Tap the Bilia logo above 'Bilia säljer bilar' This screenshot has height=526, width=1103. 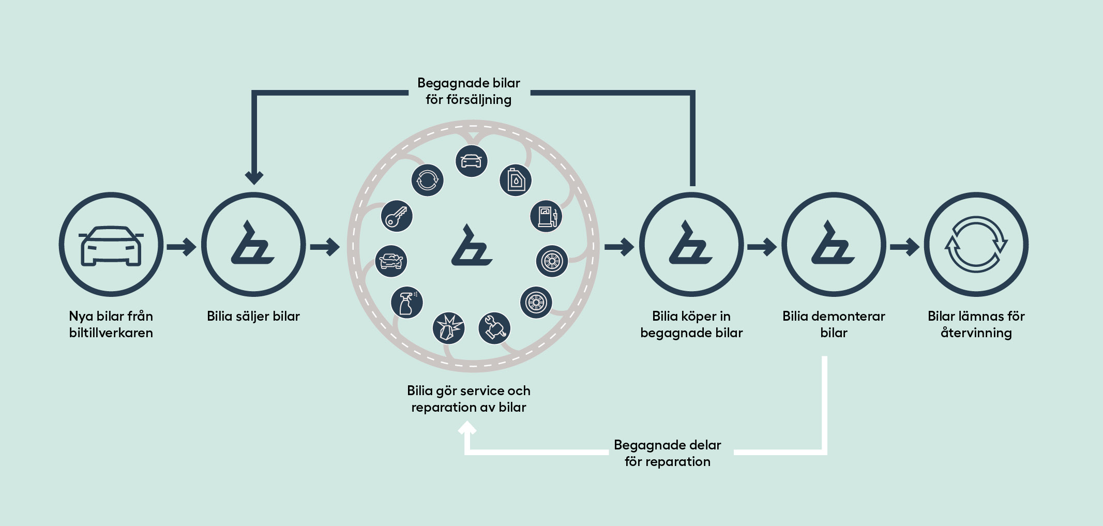[253, 244]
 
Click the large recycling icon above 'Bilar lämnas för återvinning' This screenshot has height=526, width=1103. [976, 244]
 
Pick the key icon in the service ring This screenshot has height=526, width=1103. [397, 216]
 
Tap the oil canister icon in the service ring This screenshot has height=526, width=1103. [516, 180]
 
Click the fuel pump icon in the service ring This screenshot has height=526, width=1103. [547, 216]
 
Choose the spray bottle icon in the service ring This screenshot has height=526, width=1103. [407, 303]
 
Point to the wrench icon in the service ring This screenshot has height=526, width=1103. [494, 328]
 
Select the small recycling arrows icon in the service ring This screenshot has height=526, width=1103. [427, 180]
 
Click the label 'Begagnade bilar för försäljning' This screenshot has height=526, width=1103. [469, 91]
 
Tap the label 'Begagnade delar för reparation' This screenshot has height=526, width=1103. [667, 453]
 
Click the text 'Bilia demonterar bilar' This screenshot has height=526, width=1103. [834, 324]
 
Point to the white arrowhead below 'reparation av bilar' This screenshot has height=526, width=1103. [467, 429]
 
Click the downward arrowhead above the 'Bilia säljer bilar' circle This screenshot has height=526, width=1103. [254, 177]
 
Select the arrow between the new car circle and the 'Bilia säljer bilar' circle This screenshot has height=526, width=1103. [182, 247]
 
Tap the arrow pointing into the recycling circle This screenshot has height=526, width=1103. [904, 247]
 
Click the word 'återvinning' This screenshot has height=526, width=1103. [976, 333]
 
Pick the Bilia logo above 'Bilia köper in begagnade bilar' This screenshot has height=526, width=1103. [691, 244]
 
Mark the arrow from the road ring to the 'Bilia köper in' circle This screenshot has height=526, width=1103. [619, 247]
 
